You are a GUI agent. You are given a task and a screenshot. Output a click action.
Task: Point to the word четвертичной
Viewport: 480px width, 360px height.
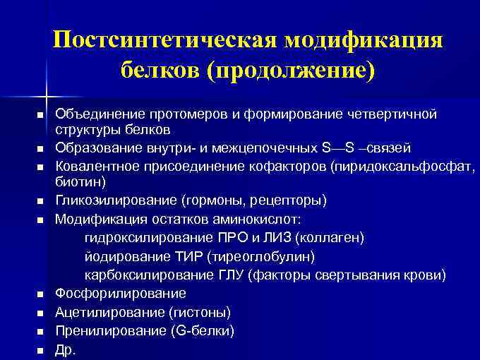[397, 114]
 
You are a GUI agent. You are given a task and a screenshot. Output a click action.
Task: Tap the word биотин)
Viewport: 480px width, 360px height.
[80, 181]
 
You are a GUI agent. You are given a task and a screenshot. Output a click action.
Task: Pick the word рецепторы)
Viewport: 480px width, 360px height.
[290, 201]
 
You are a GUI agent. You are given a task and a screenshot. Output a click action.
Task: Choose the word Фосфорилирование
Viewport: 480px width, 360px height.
[120, 293]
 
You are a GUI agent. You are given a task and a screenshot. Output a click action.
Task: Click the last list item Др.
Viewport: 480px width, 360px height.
[65, 349]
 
